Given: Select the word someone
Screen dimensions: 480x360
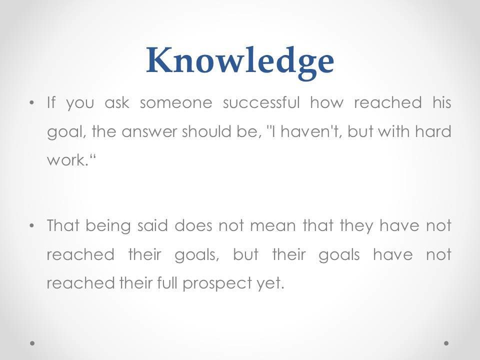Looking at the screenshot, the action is [176, 103].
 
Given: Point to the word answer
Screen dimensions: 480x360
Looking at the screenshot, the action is [149, 132].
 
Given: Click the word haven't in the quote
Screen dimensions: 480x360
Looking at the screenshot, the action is [311, 131].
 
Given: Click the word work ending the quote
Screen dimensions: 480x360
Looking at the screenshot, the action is [66, 160].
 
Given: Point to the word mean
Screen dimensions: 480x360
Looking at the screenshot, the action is [273, 226].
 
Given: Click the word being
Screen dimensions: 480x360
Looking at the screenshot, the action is [108, 226].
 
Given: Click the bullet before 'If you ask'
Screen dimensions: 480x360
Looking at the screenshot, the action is [31, 103].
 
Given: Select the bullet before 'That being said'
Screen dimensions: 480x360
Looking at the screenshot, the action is [31, 226].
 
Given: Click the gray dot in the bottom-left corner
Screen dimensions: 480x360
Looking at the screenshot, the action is [32, 343].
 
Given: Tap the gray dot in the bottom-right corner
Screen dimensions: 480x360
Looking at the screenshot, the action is [446, 343].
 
